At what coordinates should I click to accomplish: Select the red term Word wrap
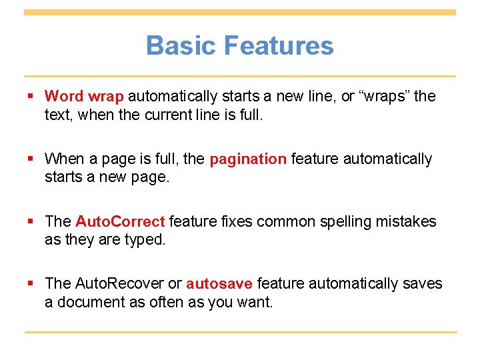coord(84,97)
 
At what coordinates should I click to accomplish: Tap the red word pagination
coord(248,159)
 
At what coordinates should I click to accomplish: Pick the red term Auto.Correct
coord(120,222)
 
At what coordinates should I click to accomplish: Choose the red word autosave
coord(219,285)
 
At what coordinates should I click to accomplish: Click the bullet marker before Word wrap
coord(31,97)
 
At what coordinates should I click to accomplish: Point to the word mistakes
coord(407,222)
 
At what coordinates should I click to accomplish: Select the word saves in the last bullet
coord(423,285)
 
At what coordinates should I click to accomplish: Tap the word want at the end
coord(257,302)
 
